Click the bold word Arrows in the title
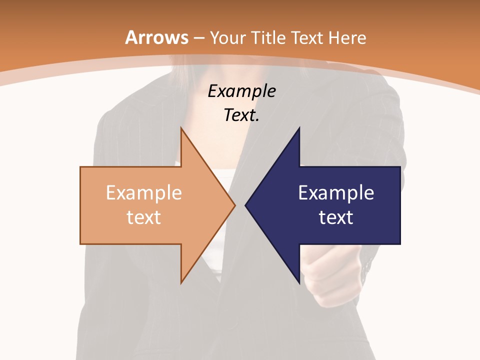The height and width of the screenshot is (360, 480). pyautogui.click(x=157, y=37)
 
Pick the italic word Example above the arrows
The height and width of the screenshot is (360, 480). pyautogui.click(x=242, y=91)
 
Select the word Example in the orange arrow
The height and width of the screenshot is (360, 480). pyautogui.click(x=144, y=193)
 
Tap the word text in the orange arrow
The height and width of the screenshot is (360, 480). pyautogui.click(x=144, y=217)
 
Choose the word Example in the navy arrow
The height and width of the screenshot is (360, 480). pyautogui.click(x=336, y=193)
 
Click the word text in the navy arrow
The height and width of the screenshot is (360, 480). pyautogui.click(x=336, y=217)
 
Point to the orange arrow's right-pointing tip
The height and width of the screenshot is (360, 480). pyautogui.click(x=234, y=205)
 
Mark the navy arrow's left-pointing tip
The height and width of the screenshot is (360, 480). pyautogui.click(x=245, y=205)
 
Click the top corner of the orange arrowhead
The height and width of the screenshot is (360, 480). pyautogui.click(x=181, y=128)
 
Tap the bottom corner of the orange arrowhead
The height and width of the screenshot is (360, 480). pyautogui.click(x=181, y=283)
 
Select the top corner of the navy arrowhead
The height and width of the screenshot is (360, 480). pyautogui.click(x=299, y=128)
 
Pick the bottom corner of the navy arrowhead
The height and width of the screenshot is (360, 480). pyautogui.click(x=299, y=283)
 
